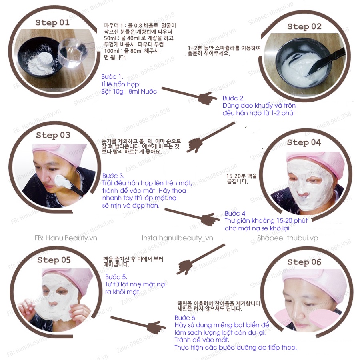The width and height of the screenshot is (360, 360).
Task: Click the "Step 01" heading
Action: pos(52,22)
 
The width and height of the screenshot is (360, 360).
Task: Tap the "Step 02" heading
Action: pos(304,27)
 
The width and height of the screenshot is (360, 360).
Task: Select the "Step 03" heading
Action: pos(53,135)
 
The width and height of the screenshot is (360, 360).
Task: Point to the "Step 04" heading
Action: pos(304,142)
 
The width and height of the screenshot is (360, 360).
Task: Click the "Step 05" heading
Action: pos(54,260)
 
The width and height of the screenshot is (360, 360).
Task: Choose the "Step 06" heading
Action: pos(304,262)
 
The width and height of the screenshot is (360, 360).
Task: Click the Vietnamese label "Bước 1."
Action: pos(112,76)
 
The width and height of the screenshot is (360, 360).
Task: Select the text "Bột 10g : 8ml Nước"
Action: pos(129,91)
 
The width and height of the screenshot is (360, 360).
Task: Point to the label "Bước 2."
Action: pos(234,98)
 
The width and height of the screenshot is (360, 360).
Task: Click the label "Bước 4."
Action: pos(236,214)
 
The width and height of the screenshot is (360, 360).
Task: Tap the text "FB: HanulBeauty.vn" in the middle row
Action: pos(66,238)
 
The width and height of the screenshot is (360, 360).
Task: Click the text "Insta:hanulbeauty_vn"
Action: pos(177,238)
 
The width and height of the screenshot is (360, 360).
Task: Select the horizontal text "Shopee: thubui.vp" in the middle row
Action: pos(288,238)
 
